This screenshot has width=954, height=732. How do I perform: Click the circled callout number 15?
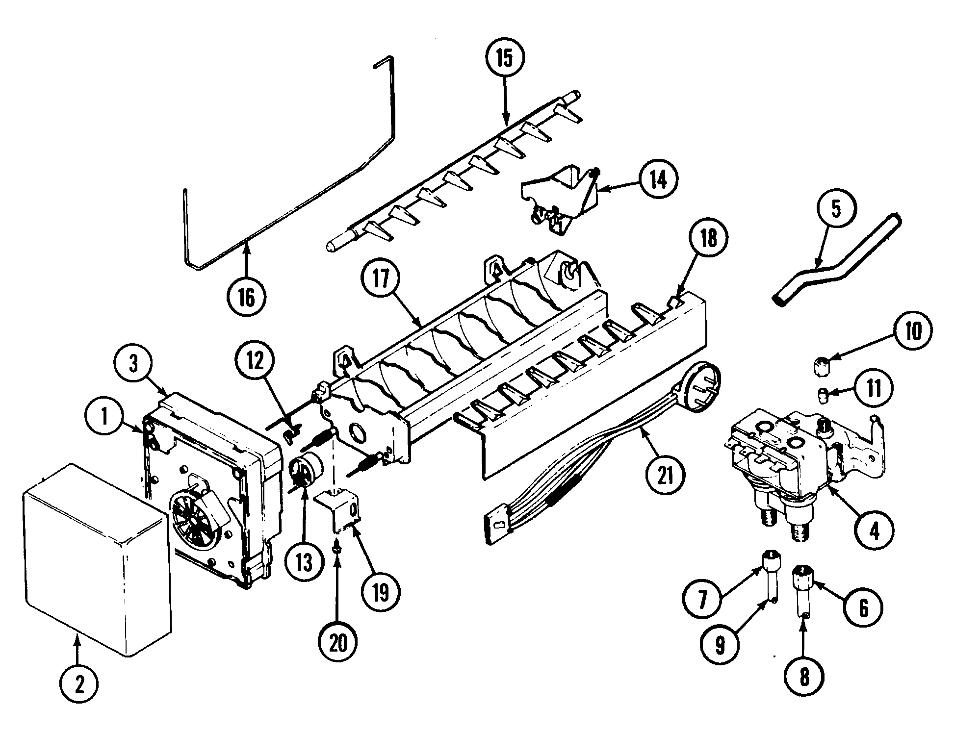(505, 58)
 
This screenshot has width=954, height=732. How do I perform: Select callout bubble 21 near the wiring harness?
(666, 474)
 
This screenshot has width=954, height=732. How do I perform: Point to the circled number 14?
(658, 181)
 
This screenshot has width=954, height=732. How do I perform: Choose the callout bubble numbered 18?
(708, 239)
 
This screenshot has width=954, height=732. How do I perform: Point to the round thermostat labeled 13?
(303, 470)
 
